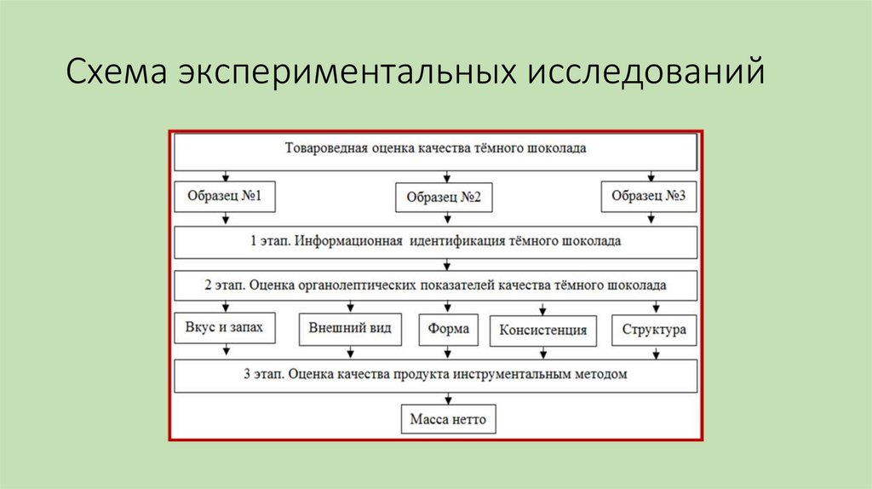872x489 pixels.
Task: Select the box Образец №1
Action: point(225,197)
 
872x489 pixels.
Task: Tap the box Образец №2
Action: point(445,198)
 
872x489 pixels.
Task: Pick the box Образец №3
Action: point(648,197)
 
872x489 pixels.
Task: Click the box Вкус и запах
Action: point(225,328)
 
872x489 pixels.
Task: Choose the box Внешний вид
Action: point(350,329)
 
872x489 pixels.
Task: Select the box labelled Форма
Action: point(449,329)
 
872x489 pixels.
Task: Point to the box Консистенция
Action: point(542,331)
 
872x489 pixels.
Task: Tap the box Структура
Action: point(653,330)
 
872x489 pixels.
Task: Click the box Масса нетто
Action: point(447,419)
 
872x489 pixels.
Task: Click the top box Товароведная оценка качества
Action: point(435,152)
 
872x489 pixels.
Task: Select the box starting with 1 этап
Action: point(435,241)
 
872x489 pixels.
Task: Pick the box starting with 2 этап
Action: point(435,285)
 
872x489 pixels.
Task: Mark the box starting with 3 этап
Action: point(435,374)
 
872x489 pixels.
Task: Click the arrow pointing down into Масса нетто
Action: point(448,398)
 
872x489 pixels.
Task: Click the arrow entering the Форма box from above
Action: point(449,308)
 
